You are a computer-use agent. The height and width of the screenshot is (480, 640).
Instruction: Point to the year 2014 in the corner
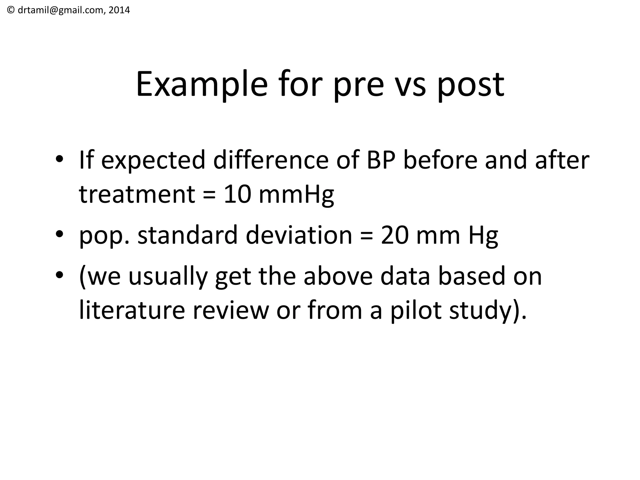pyautogui.click(x=119, y=10)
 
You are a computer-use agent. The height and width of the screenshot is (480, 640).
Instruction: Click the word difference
pyautogui.click(x=271, y=160)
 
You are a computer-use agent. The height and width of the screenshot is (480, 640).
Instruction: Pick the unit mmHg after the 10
pyautogui.click(x=296, y=194)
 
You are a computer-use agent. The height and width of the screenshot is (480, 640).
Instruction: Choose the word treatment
pyautogui.click(x=137, y=194)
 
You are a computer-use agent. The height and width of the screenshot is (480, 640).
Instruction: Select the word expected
pyautogui.click(x=153, y=161)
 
